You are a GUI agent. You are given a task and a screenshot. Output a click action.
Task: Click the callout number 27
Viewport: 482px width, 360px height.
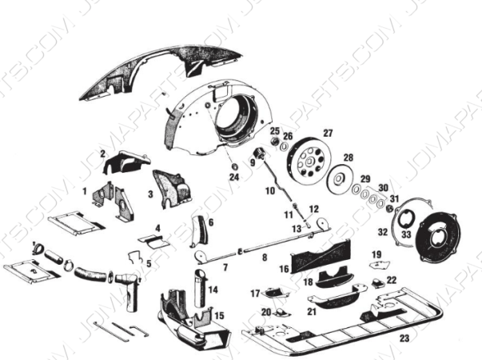[327, 133]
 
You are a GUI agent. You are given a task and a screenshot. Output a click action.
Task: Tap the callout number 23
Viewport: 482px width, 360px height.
[404, 338]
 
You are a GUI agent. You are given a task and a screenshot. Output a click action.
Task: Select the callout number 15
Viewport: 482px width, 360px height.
[218, 316]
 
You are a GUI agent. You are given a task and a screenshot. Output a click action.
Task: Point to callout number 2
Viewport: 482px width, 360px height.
[102, 153]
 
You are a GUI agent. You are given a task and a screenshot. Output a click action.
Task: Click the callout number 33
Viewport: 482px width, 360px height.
[406, 234]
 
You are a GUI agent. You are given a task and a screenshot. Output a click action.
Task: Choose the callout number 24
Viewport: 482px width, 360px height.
[234, 176]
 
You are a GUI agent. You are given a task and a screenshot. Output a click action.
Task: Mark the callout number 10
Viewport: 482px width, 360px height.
[270, 191]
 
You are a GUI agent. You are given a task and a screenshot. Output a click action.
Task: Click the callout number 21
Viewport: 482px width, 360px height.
[313, 311]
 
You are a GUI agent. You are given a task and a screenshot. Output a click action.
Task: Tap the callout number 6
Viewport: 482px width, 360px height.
[210, 222]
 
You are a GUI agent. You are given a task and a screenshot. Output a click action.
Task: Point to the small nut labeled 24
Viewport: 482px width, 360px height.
[234, 166]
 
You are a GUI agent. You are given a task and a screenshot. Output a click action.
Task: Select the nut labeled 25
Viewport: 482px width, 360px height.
[274, 142]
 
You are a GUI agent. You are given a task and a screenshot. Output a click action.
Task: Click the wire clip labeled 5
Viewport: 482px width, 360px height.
[138, 259]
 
